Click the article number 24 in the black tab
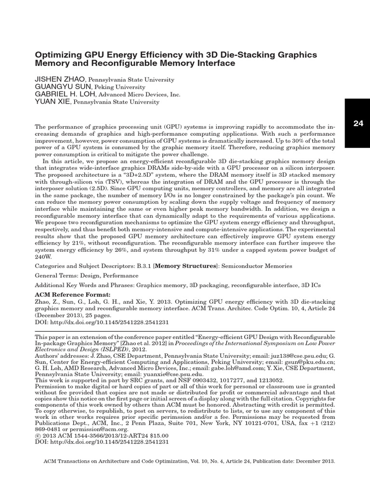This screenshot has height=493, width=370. (x=358, y=123)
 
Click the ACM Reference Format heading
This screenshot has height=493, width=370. (x=73, y=294)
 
